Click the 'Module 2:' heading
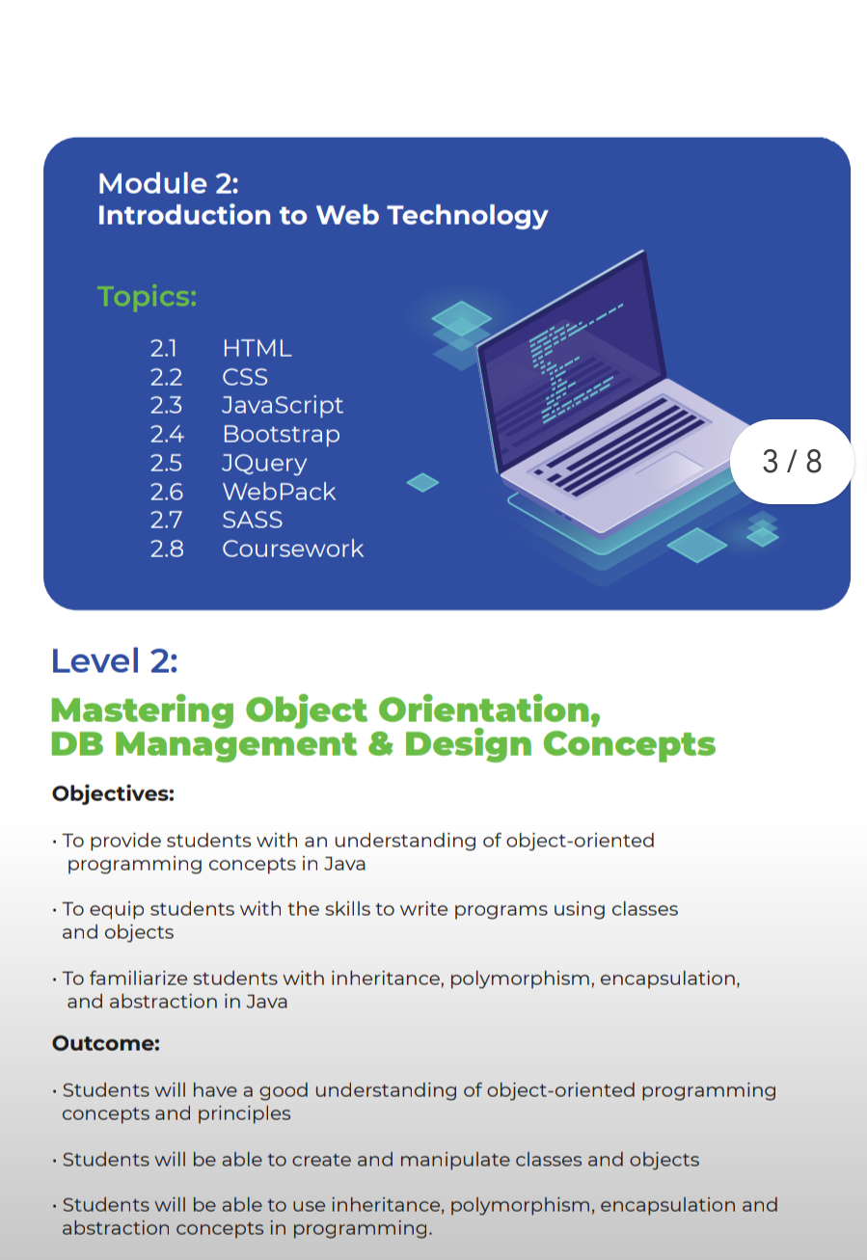(168, 184)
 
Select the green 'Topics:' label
(147, 296)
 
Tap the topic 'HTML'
(257, 348)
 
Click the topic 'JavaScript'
(283, 406)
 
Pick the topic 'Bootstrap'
(282, 435)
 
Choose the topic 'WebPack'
(279, 492)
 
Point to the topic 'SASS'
(252, 521)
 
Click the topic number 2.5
(166, 463)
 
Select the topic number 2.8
(167, 549)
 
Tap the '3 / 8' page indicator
(792, 462)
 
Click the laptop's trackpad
(669, 464)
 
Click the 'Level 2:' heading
(114, 660)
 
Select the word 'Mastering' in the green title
(143, 710)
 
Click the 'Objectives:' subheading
(113, 793)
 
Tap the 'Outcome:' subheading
(106, 1043)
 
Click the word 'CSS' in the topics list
(245, 377)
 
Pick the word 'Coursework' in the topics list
(292, 549)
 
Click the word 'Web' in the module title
(347, 215)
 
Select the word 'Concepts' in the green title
(629, 745)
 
